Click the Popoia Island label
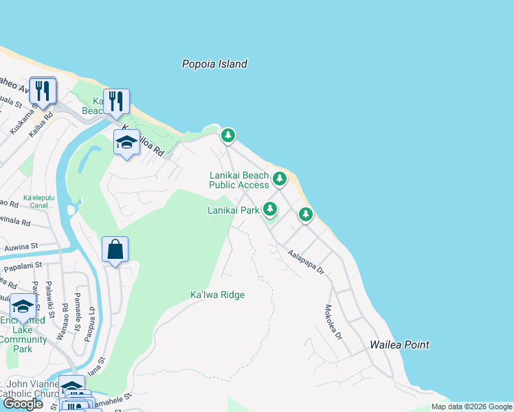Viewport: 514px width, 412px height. (x=214, y=64)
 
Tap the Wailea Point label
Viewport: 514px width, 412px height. (x=399, y=345)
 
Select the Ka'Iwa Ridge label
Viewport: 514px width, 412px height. (x=217, y=295)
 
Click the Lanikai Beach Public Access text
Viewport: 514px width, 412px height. (x=239, y=181)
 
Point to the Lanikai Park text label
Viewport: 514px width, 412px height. (x=234, y=210)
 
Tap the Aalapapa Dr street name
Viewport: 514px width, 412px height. (x=306, y=262)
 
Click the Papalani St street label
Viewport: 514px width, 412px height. (x=23, y=264)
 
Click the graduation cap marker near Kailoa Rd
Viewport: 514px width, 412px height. (x=126, y=143)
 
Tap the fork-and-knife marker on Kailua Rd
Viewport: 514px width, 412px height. (x=43, y=90)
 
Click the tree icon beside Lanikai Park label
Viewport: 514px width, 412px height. (x=271, y=208)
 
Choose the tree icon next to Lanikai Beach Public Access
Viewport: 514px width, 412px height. (x=279, y=179)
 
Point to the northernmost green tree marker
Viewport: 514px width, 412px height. (x=228, y=136)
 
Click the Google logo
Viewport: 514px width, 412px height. (x=23, y=404)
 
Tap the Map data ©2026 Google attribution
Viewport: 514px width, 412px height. (x=471, y=407)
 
